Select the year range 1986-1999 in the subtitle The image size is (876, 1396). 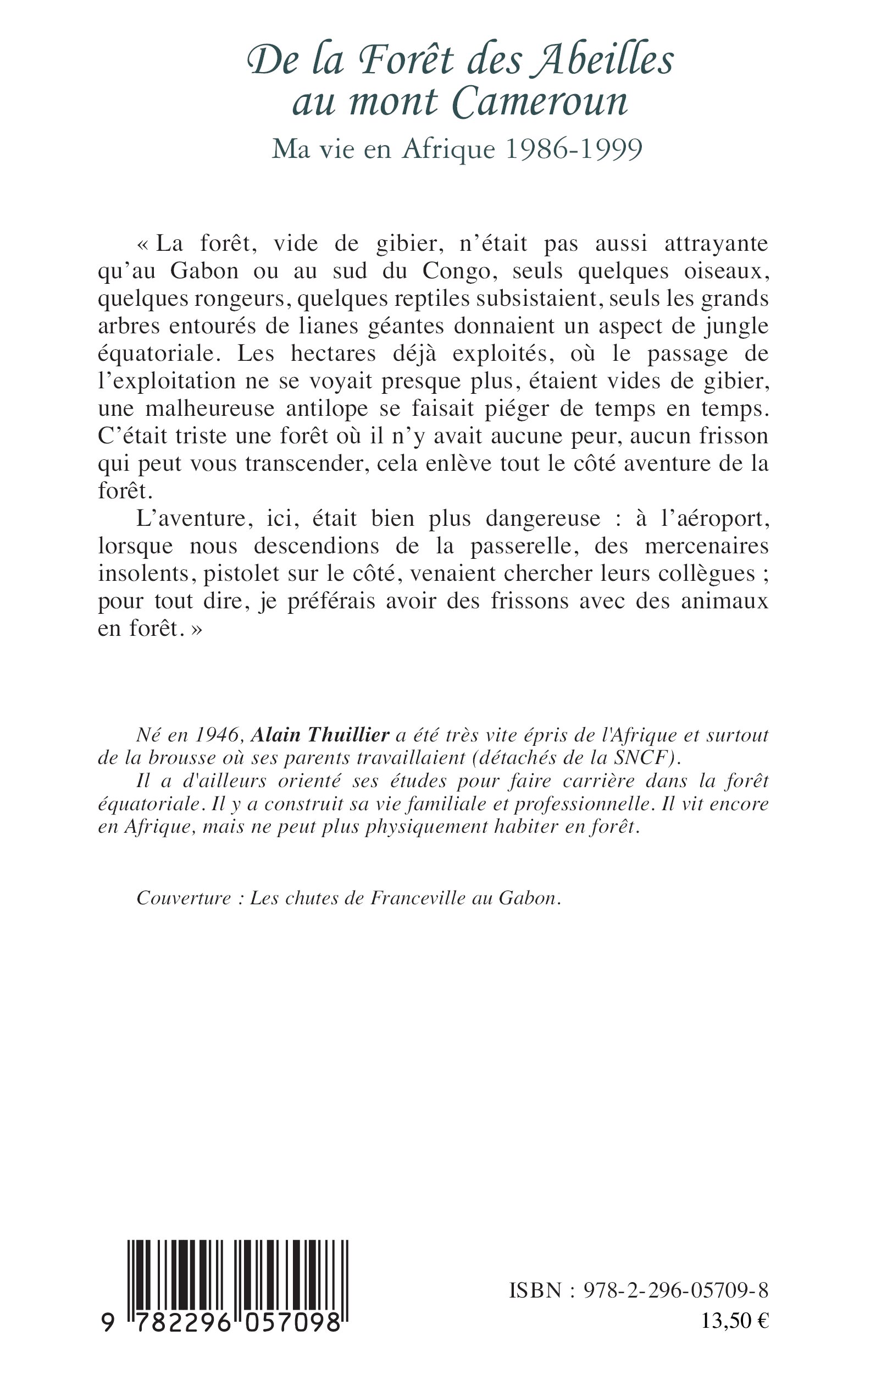tap(574, 150)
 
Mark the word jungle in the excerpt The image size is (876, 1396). tap(736, 326)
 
